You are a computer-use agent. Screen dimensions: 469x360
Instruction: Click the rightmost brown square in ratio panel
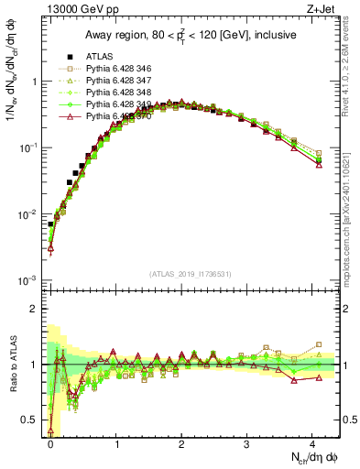tap(319, 344)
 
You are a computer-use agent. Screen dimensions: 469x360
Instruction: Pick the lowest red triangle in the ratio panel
tap(50, 431)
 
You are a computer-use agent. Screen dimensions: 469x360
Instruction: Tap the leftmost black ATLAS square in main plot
tap(50, 224)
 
